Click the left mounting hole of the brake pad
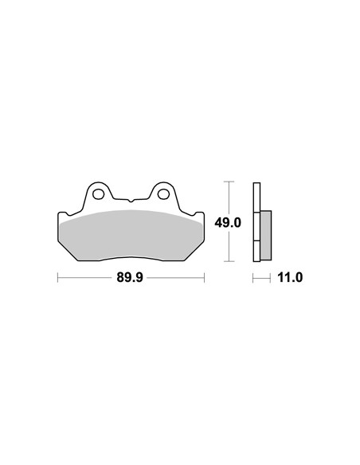[x=98, y=194]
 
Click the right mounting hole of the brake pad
[x=163, y=194]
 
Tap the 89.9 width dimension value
[x=130, y=278]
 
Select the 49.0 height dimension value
[x=228, y=222]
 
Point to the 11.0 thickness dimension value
[x=290, y=278]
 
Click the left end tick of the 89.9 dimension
[x=57, y=278]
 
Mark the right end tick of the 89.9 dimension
[x=204, y=278]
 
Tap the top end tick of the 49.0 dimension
[x=229, y=182]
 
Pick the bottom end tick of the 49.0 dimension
[x=229, y=261]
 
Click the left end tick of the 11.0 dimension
[x=253, y=278]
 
